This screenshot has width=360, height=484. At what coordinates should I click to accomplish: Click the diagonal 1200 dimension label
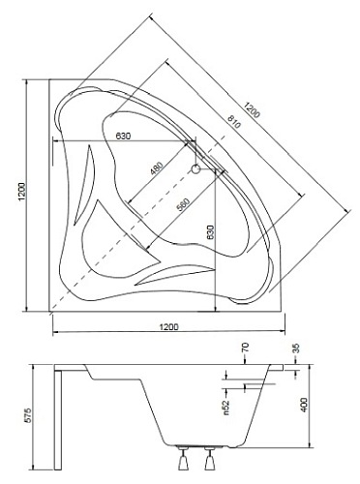253,107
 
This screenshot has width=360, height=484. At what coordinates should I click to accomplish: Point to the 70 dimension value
246,348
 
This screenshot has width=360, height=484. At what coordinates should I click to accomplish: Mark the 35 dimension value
295,348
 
